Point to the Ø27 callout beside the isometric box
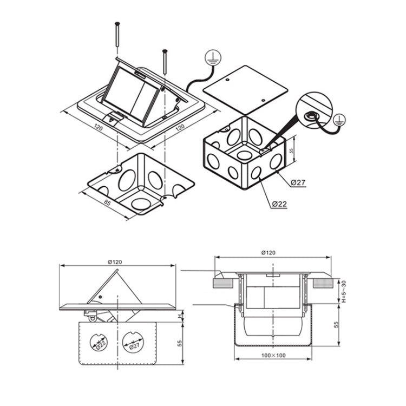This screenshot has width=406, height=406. pos(298,182)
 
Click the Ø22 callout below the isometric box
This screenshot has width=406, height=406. pos(279,204)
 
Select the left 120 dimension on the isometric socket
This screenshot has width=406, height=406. pos(98,128)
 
